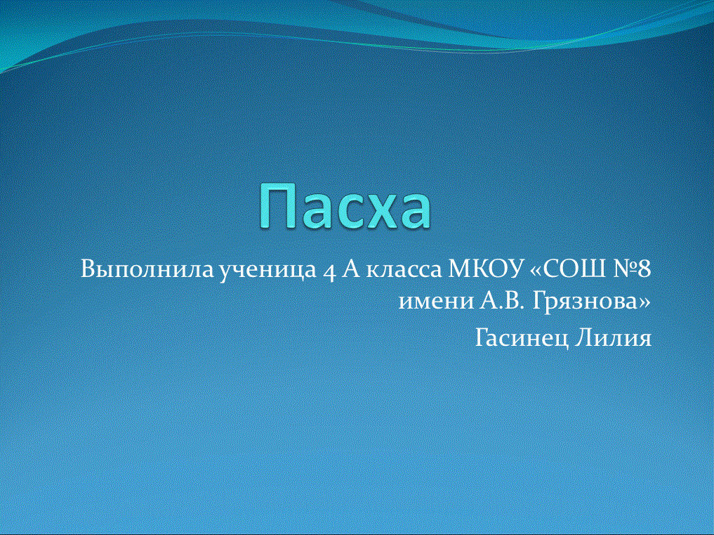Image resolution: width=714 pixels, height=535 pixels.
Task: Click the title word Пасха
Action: tap(345, 207)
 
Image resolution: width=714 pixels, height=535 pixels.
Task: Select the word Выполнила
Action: tap(147, 270)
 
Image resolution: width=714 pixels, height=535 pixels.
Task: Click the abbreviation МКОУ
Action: tap(484, 270)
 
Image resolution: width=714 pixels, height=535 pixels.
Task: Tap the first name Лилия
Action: tap(613, 339)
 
